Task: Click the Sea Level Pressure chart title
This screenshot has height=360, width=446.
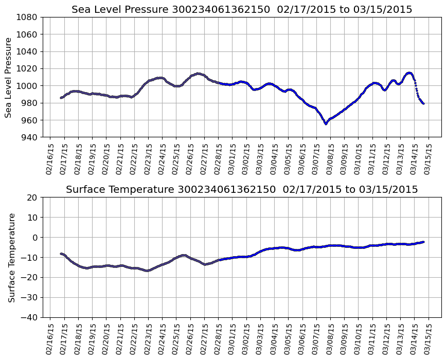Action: [x=242, y=10]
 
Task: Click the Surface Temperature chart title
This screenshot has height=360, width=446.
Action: [x=242, y=190]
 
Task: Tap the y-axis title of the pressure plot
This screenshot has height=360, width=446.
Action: [x=9, y=77]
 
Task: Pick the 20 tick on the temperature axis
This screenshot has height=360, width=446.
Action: [x=32, y=197]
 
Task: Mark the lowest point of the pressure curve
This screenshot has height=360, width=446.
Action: [x=326, y=123]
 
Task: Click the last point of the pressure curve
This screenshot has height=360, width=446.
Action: [x=423, y=103]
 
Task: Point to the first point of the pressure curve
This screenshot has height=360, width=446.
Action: [x=61, y=98]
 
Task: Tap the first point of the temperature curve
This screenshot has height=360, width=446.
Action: [x=61, y=254]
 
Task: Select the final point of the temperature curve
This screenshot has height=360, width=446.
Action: [x=423, y=242]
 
